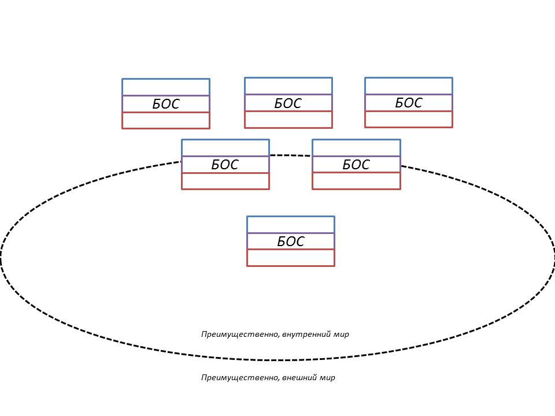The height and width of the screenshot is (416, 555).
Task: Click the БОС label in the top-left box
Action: pyautogui.click(x=166, y=104)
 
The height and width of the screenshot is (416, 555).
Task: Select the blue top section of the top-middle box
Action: pyautogui.click(x=288, y=86)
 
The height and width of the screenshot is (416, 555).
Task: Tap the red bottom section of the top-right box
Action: pyautogui.click(x=409, y=119)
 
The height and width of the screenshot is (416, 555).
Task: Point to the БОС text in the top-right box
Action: pyautogui.click(x=409, y=103)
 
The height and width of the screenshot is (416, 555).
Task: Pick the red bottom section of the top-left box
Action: pyautogui.click(x=166, y=120)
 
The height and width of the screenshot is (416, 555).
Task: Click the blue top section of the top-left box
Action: pyautogui.click(x=166, y=87)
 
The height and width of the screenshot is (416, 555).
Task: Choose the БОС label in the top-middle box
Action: pyautogui.click(x=288, y=103)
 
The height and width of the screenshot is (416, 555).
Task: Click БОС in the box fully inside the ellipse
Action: pyautogui.click(x=291, y=242)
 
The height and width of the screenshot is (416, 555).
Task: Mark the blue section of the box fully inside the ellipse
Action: pyautogui.click(x=291, y=225)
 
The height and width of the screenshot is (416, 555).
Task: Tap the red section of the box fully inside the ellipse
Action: pyautogui.click(x=291, y=258)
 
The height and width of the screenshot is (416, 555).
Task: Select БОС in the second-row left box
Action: pyautogui.click(x=225, y=165)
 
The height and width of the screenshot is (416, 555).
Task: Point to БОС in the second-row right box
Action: pyautogui.click(x=356, y=165)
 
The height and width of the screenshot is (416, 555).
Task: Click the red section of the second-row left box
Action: pyautogui.click(x=225, y=181)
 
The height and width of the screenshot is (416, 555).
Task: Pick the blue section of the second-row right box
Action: pyautogui.click(x=357, y=147)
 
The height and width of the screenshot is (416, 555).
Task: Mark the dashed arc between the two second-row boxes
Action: pyautogui.click(x=291, y=155)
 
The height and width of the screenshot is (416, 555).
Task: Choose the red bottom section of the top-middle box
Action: pyautogui.click(x=288, y=120)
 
